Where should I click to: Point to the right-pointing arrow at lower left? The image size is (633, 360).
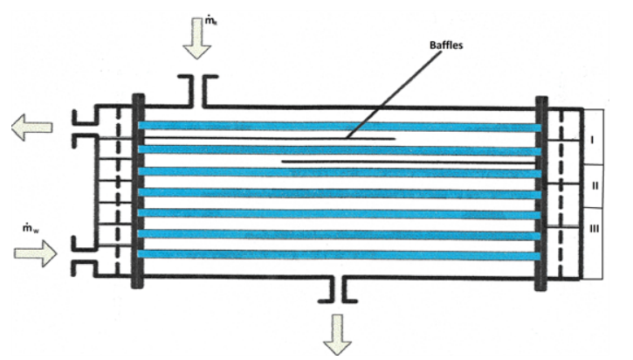click(x=34, y=254)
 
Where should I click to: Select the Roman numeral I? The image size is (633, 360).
click(x=594, y=138)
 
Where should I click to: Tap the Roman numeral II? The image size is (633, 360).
click(x=594, y=186)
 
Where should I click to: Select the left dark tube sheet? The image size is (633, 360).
click(x=137, y=190)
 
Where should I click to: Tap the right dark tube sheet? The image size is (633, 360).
click(x=541, y=190)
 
